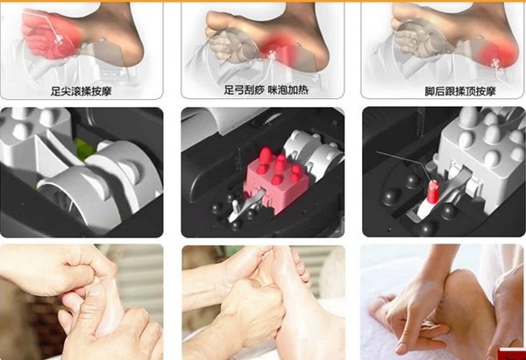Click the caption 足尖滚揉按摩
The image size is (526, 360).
click(81, 91)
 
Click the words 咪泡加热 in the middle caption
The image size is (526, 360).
click(288, 90)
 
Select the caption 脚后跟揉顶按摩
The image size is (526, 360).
click(460, 91)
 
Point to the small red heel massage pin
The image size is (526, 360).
click(433, 192)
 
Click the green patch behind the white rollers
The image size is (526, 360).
click(83, 150)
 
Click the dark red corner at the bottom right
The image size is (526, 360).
click(512, 354)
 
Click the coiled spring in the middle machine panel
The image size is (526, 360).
click(271, 117)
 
